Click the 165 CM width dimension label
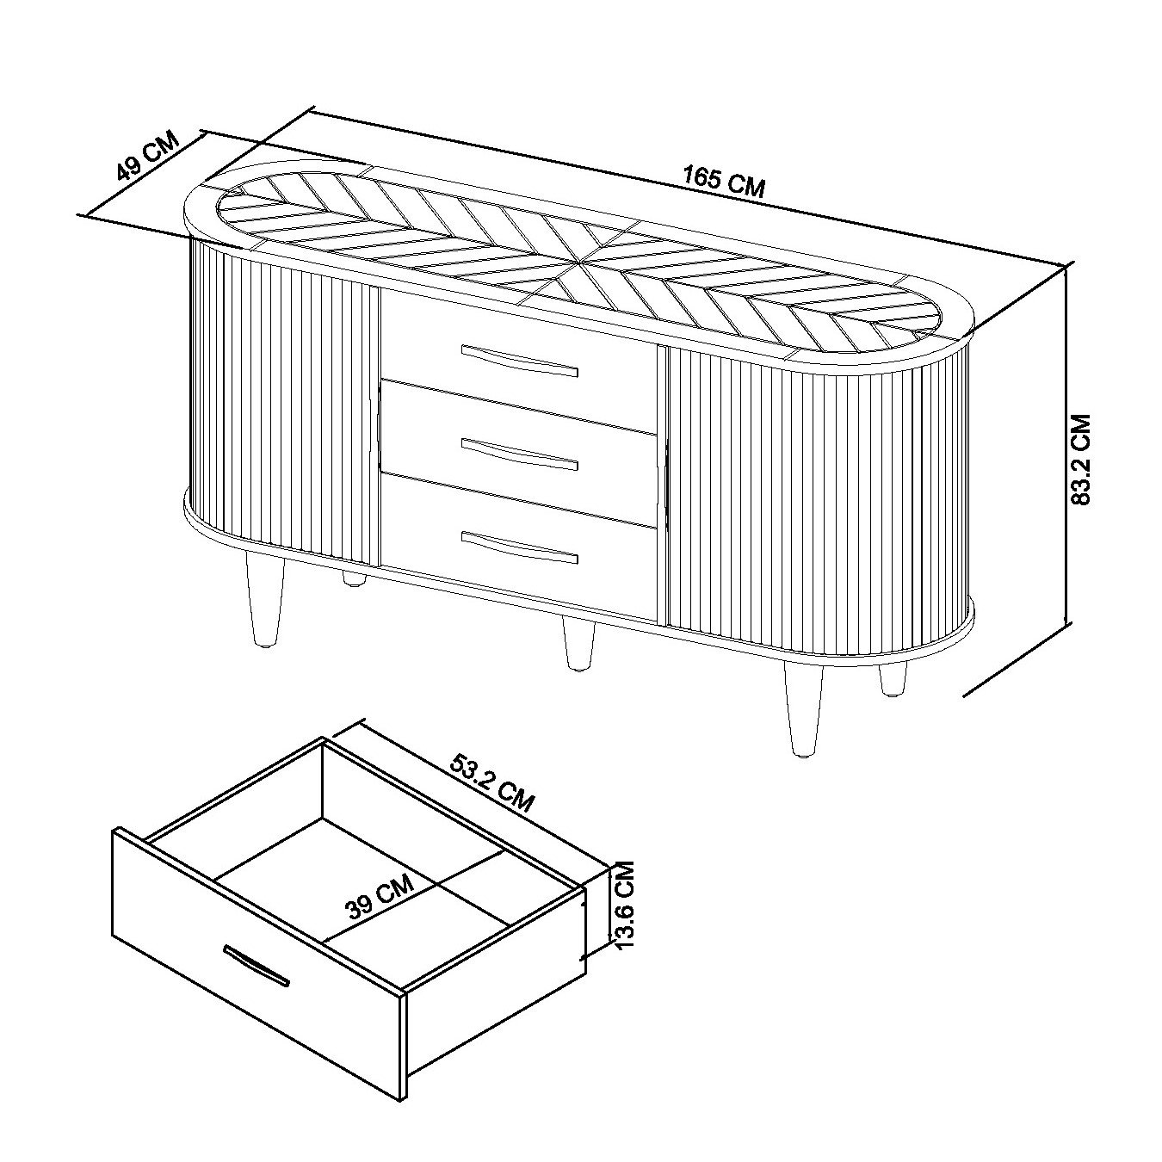[x=724, y=182]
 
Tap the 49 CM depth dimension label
[x=147, y=155]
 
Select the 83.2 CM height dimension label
[x=1081, y=459]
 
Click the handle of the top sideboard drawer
[x=519, y=361]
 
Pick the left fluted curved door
[x=284, y=405]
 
